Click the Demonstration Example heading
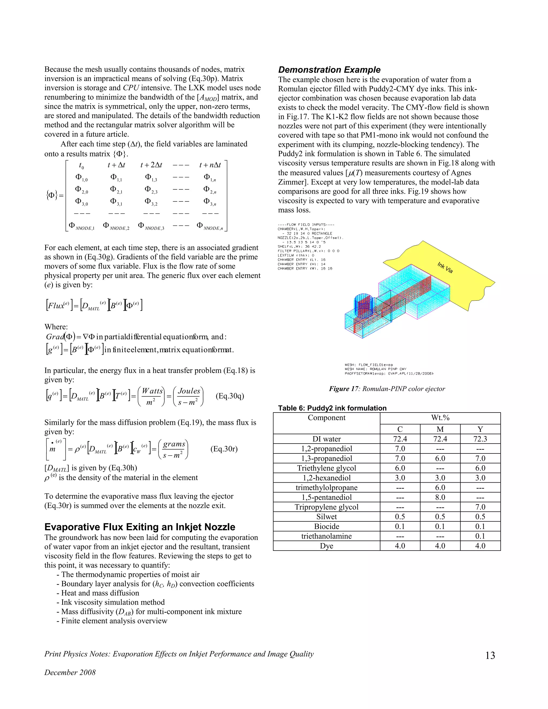(329, 70)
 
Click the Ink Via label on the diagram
(445, 268)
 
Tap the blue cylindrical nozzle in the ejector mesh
(363, 305)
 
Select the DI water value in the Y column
(480, 439)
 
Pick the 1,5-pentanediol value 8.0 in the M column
(440, 497)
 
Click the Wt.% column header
(440, 418)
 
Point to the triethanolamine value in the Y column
(480, 536)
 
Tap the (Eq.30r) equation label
(224, 449)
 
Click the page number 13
(490, 656)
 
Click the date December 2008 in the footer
(70, 672)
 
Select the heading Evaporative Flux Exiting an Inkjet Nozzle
(140, 527)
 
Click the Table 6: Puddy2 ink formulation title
(332, 408)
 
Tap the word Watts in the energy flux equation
(152, 391)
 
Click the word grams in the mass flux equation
(174, 444)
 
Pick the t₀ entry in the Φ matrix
(81, 166)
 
